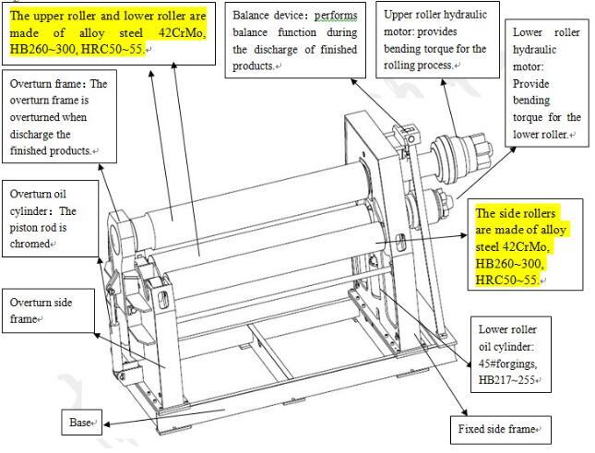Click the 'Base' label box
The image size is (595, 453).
pyautogui.click(x=80, y=423)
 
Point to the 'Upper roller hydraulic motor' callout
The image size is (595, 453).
pyautogui.click(x=435, y=41)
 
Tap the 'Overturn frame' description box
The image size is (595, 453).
pyautogui.click(x=56, y=117)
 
